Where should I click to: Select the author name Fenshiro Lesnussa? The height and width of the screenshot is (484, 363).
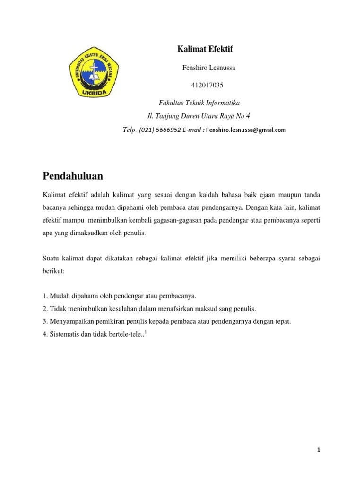pos(208,68)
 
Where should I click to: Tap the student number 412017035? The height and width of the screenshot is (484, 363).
pos(207,86)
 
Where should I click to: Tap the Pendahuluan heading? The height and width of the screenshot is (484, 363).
pos(73,176)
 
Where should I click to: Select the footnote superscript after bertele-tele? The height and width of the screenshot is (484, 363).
pos(146,332)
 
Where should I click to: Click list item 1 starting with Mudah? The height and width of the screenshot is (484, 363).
pos(119,296)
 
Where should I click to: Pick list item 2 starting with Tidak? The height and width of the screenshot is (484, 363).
pos(149,309)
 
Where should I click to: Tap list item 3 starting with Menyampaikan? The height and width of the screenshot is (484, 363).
pos(166,321)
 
